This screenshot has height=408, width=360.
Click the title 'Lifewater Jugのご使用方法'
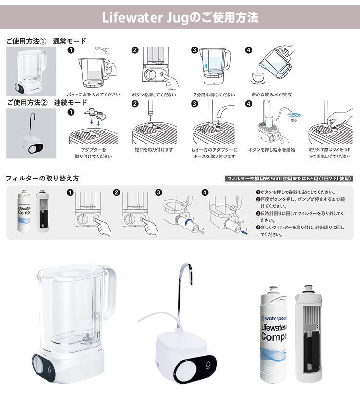click(x=180, y=18)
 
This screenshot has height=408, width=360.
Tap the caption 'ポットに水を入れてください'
click(x=93, y=95)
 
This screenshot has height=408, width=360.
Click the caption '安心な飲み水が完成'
click(x=271, y=95)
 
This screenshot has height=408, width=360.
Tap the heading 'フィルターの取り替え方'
click(x=42, y=179)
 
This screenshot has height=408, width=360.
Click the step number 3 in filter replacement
click(x=159, y=192)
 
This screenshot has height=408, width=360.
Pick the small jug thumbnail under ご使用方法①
click(x=31, y=71)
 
